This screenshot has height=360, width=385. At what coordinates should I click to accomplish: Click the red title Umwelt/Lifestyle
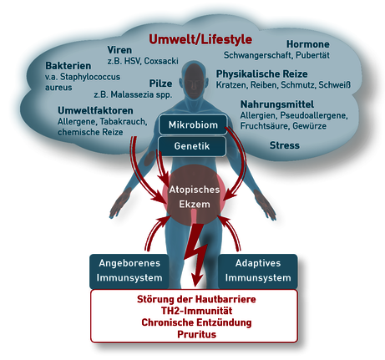(x=200, y=39)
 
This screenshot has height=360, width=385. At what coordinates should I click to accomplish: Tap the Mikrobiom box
(x=193, y=124)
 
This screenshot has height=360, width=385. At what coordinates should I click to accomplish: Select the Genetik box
(x=192, y=146)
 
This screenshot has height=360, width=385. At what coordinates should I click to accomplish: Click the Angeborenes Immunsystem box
(x=129, y=271)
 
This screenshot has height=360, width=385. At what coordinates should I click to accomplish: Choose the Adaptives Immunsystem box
(x=258, y=271)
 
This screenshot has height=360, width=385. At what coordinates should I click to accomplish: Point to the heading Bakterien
(x=68, y=66)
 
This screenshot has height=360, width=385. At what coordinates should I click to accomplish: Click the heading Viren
(x=119, y=50)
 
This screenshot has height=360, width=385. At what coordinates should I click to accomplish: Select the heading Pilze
(x=160, y=84)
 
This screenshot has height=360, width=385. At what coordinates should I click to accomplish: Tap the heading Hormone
(x=308, y=44)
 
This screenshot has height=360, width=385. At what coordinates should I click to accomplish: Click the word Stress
(x=285, y=145)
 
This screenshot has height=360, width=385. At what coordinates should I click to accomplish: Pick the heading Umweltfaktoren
(x=95, y=110)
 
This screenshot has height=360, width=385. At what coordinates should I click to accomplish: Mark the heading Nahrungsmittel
(x=277, y=104)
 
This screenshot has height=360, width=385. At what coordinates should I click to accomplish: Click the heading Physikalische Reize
(x=262, y=74)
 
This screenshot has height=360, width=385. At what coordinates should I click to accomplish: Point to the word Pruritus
(x=197, y=334)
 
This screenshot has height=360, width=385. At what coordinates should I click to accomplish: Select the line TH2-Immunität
(x=196, y=311)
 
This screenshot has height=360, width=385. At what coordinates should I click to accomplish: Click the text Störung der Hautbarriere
(x=196, y=299)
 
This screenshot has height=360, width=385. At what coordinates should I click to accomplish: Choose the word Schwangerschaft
(x=257, y=55)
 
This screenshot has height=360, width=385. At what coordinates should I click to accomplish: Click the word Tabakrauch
(x=124, y=121)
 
